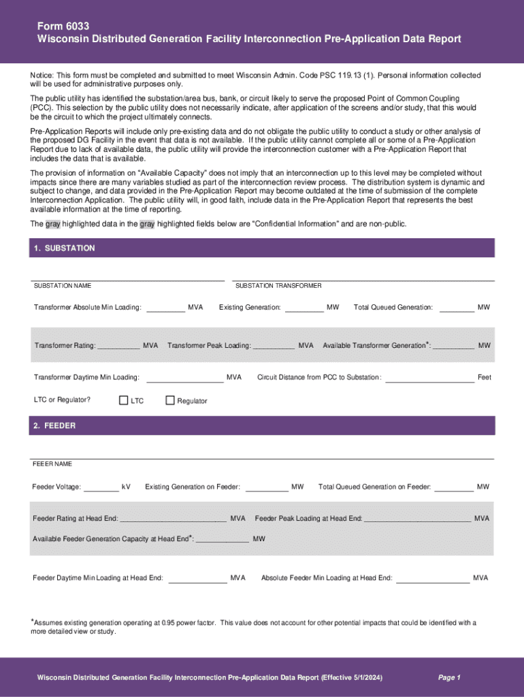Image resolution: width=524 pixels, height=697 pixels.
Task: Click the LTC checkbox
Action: pyautogui.click(x=124, y=400)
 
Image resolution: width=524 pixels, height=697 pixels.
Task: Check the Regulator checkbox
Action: pyautogui.click(x=170, y=400)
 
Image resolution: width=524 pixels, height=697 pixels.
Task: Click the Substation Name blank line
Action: pyautogui.click(x=127, y=279)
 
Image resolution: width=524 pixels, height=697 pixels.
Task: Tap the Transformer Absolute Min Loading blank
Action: pyautogui.click(x=165, y=310)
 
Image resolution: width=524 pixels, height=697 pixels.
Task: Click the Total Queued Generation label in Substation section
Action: pyautogui.click(x=393, y=308)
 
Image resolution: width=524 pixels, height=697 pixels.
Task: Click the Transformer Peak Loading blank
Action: pyautogui.click(x=273, y=348)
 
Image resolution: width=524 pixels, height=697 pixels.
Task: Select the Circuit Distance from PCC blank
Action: pyautogui.click(x=429, y=380)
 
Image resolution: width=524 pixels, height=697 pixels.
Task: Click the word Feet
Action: pyautogui.click(x=484, y=377)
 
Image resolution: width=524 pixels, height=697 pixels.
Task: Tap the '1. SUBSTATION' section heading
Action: pyautogui.click(x=63, y=248)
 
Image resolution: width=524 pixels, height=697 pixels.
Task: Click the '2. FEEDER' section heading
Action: pyautogui.click(x=54, y=425)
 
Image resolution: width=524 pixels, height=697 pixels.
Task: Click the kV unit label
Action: pyautogui.click(x=126, y=487)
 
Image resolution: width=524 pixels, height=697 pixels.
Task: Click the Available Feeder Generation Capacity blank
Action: pyautogui.click(x=222, y=541)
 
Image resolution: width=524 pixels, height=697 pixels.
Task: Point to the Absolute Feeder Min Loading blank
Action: pyautogui.click(x=433, y=581)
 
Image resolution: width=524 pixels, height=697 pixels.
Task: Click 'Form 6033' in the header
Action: pyautogui.click(x=63, y=25)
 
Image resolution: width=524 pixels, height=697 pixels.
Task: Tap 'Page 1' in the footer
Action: pyautogui.click(x=449, y=677)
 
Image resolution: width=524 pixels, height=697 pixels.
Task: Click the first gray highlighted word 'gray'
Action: pyautogui.click(x=52, y=224)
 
